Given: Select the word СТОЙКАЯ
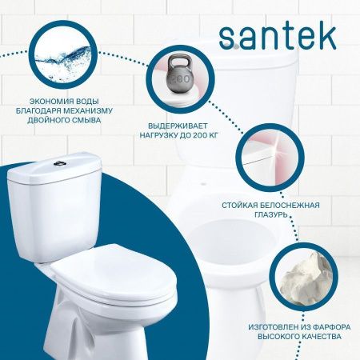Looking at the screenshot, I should pos(244,206).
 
